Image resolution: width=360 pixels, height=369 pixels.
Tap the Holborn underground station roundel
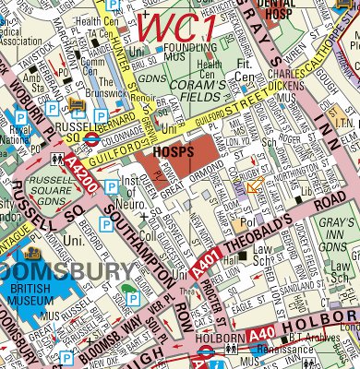205,351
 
